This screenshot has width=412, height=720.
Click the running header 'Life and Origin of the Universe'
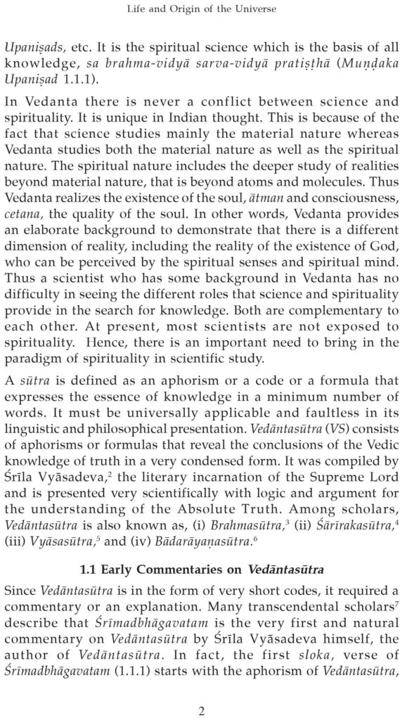206,9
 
